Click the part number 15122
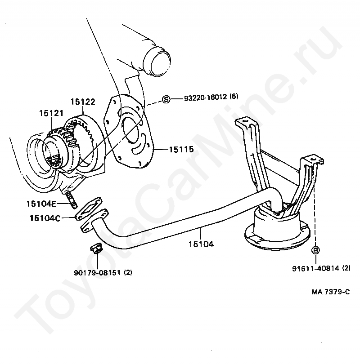pyautogui.click(x=83, y=102)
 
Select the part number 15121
pyautogui.click(x=51, y=114)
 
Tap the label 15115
pyautogui.click(x=181, y=149)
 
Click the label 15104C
pyautogui.click(x=45, y=218)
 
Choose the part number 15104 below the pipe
pyautogui.click(x=201, y=245)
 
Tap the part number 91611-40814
pyautogui.click(x=314, y=268)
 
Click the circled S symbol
pyautogui.click(x=166, y=99)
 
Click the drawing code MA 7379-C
pyautogui.click(x=330, y=292)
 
